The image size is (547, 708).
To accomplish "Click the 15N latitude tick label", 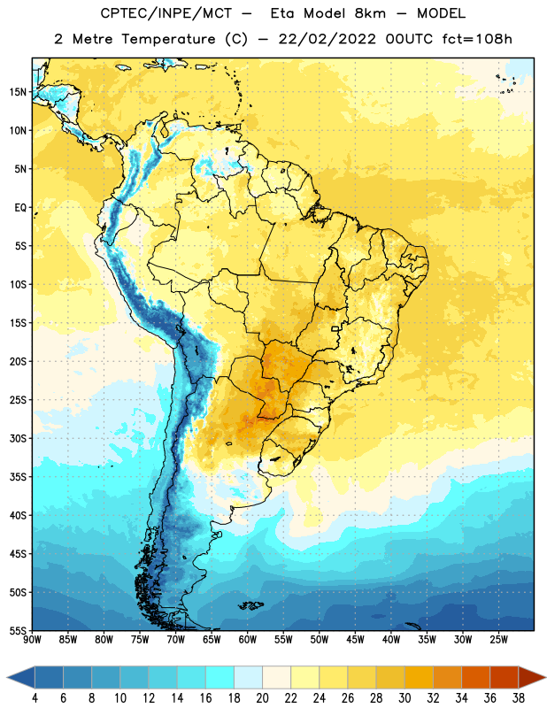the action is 18,92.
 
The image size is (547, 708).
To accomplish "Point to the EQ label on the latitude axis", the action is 20,208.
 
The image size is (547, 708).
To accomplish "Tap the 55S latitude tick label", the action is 18,630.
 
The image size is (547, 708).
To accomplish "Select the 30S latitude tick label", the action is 18,438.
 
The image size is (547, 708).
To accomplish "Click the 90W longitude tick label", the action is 32,640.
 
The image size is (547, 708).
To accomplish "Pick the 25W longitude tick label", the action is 498,640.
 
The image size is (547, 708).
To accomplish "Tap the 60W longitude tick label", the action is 248,640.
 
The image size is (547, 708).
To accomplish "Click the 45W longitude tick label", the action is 355,640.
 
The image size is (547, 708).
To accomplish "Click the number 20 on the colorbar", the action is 262,698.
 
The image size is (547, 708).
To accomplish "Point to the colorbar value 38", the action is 519,698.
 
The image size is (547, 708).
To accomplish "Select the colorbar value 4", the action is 35,698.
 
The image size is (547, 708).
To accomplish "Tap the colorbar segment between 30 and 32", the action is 419,677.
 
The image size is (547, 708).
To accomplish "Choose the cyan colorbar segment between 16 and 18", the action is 220,677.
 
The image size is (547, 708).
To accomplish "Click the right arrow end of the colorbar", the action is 533,677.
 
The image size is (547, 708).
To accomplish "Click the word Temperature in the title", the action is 168,39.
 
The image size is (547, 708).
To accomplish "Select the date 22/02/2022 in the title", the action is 327,39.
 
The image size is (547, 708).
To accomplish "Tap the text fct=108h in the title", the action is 477,39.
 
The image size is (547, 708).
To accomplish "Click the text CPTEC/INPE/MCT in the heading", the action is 166,13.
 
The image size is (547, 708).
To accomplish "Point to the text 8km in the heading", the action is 370,13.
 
